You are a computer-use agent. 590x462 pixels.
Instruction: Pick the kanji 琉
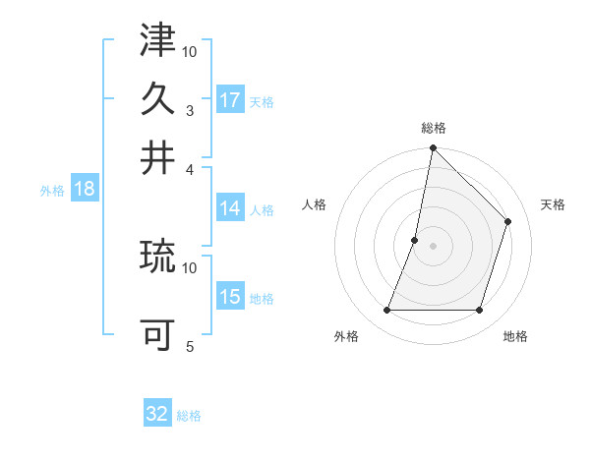pyautogui.click(x=157, y=258)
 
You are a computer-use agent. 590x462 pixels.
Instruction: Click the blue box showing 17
pyautogui.click(x=230, y=100)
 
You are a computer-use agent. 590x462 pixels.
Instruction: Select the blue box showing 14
pyautogui.click(x=230, y=208)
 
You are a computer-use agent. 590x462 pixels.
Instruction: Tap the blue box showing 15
pyautogui.click(x=230, y=298)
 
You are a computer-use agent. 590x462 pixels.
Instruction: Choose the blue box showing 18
pyautogui.click(x=85, y=190)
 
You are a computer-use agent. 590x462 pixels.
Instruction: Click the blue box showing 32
pyautogui.click(x=157, y=414)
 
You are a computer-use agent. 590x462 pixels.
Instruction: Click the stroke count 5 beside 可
pyautogui.click(x=189, y=346)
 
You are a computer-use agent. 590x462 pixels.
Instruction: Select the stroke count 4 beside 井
pyautogui.click(x=189, y=169)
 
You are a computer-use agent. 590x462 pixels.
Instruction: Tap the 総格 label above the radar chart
pyautogui.click(x=433, y=129)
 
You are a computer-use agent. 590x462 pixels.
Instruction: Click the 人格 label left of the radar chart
pyautogui.click(x=315, y=204)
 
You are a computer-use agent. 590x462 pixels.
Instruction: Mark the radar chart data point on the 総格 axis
pyautogui.click(x=433, y=148)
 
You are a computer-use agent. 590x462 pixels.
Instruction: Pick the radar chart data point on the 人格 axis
pyautogui.click(x=415, y=240)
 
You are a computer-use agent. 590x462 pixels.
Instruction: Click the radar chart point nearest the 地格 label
pyautogui.click(x=480, y=311)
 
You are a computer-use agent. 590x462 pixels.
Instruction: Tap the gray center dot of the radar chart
pyautogui.click(x=433, y=246)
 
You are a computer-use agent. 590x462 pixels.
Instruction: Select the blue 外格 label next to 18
pyautogui.click(x=52, y=191)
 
